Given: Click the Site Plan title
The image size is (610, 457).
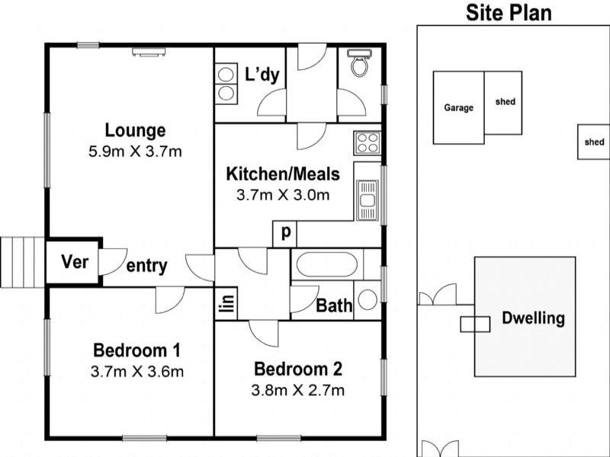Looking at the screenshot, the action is point(509,12).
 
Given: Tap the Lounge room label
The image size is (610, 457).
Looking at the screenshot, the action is point(135,130).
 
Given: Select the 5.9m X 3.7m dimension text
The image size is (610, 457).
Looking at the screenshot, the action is point(135,151).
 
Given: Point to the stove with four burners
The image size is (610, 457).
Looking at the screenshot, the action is point(367,142).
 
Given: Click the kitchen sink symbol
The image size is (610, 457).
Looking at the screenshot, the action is point(367,200).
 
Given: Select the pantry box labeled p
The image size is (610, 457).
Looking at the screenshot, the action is point(284,234).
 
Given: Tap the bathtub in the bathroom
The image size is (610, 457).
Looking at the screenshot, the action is point(327,264).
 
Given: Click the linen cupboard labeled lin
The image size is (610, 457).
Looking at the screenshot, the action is point(226,303).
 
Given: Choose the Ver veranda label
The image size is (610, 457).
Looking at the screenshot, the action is point(75,262).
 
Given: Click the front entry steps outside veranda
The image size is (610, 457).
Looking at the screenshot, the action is point(23,262).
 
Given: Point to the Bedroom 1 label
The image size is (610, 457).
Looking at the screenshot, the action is point(137,350).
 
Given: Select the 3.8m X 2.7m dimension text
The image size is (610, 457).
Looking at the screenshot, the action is point(298,390).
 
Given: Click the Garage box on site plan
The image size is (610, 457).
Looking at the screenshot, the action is point(459,107).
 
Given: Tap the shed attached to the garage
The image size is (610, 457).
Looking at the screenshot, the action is point(503,103).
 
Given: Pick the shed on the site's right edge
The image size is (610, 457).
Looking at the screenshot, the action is point(594,142).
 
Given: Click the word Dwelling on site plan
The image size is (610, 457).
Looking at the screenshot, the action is point(533,318).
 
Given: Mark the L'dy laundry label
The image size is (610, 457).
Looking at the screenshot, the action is point(262,74).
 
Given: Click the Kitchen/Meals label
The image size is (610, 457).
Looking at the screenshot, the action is point(283,174).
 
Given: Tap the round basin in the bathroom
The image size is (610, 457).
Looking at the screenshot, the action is point(368,299).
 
